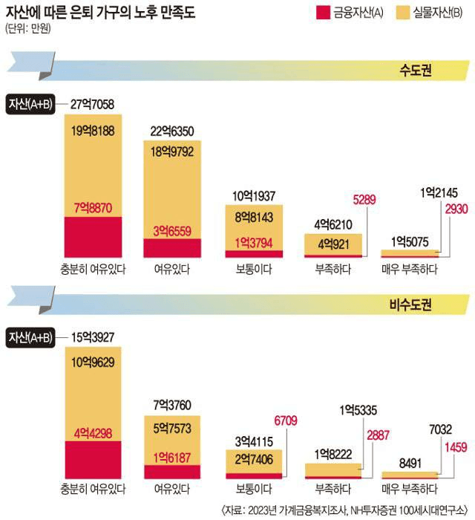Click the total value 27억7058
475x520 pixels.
92,105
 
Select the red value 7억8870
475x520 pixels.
93,208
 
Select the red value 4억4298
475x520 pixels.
93,431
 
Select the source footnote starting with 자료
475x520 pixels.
347,509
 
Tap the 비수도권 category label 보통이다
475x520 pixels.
253,490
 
